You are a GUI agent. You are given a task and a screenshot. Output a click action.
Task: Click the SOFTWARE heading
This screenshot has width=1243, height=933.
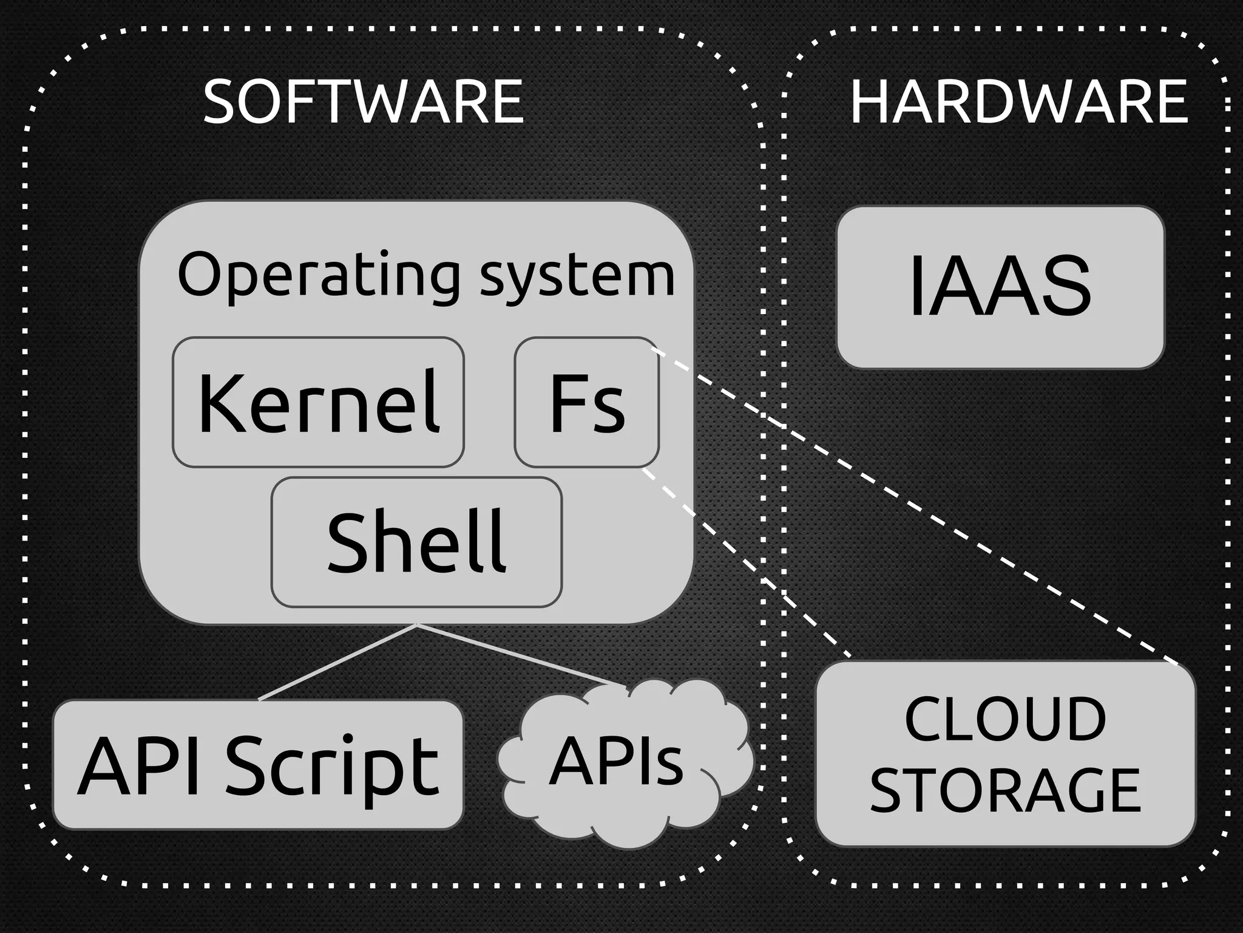(x=363, y=101)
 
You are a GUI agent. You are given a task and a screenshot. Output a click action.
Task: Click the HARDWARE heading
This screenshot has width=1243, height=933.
(x=1018, y=101)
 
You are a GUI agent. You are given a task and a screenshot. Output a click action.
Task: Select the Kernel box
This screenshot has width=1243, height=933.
(x=318, y=402)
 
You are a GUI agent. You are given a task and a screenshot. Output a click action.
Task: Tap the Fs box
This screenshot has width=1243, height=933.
(x=586, y=402)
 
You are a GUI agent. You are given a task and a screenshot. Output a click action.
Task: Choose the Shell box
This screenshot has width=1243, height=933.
(x=416, y=542)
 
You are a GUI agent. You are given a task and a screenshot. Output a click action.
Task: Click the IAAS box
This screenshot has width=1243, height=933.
(x=1000, y=287)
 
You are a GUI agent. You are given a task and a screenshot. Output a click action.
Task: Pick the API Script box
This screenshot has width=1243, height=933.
(x=258, y=765)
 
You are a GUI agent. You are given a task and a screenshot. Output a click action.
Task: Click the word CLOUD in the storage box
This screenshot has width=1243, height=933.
(x=1005, y=719)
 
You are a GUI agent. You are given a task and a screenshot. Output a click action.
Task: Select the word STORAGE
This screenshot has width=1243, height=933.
(x=1005, y=790)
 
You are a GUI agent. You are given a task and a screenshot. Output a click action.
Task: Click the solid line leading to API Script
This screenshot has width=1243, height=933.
(x=337, y=662)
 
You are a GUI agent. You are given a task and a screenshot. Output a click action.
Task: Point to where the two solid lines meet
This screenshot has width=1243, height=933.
(x=417, y=624)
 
